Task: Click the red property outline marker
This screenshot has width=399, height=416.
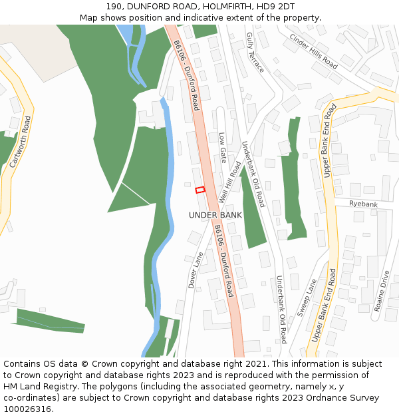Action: click(200, 190)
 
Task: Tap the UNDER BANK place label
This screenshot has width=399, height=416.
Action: click(215, 215)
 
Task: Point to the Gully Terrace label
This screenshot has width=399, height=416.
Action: click(255, 52)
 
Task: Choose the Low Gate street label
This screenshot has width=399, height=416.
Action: click(223, 147)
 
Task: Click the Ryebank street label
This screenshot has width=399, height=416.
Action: click(362, 204)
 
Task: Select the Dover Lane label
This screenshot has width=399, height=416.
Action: click(196, 270)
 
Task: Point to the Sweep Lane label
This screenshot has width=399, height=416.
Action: click(307, 298)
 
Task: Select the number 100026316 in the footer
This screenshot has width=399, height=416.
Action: click(27, 409)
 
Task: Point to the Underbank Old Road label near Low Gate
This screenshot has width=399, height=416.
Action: click(253, 174)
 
